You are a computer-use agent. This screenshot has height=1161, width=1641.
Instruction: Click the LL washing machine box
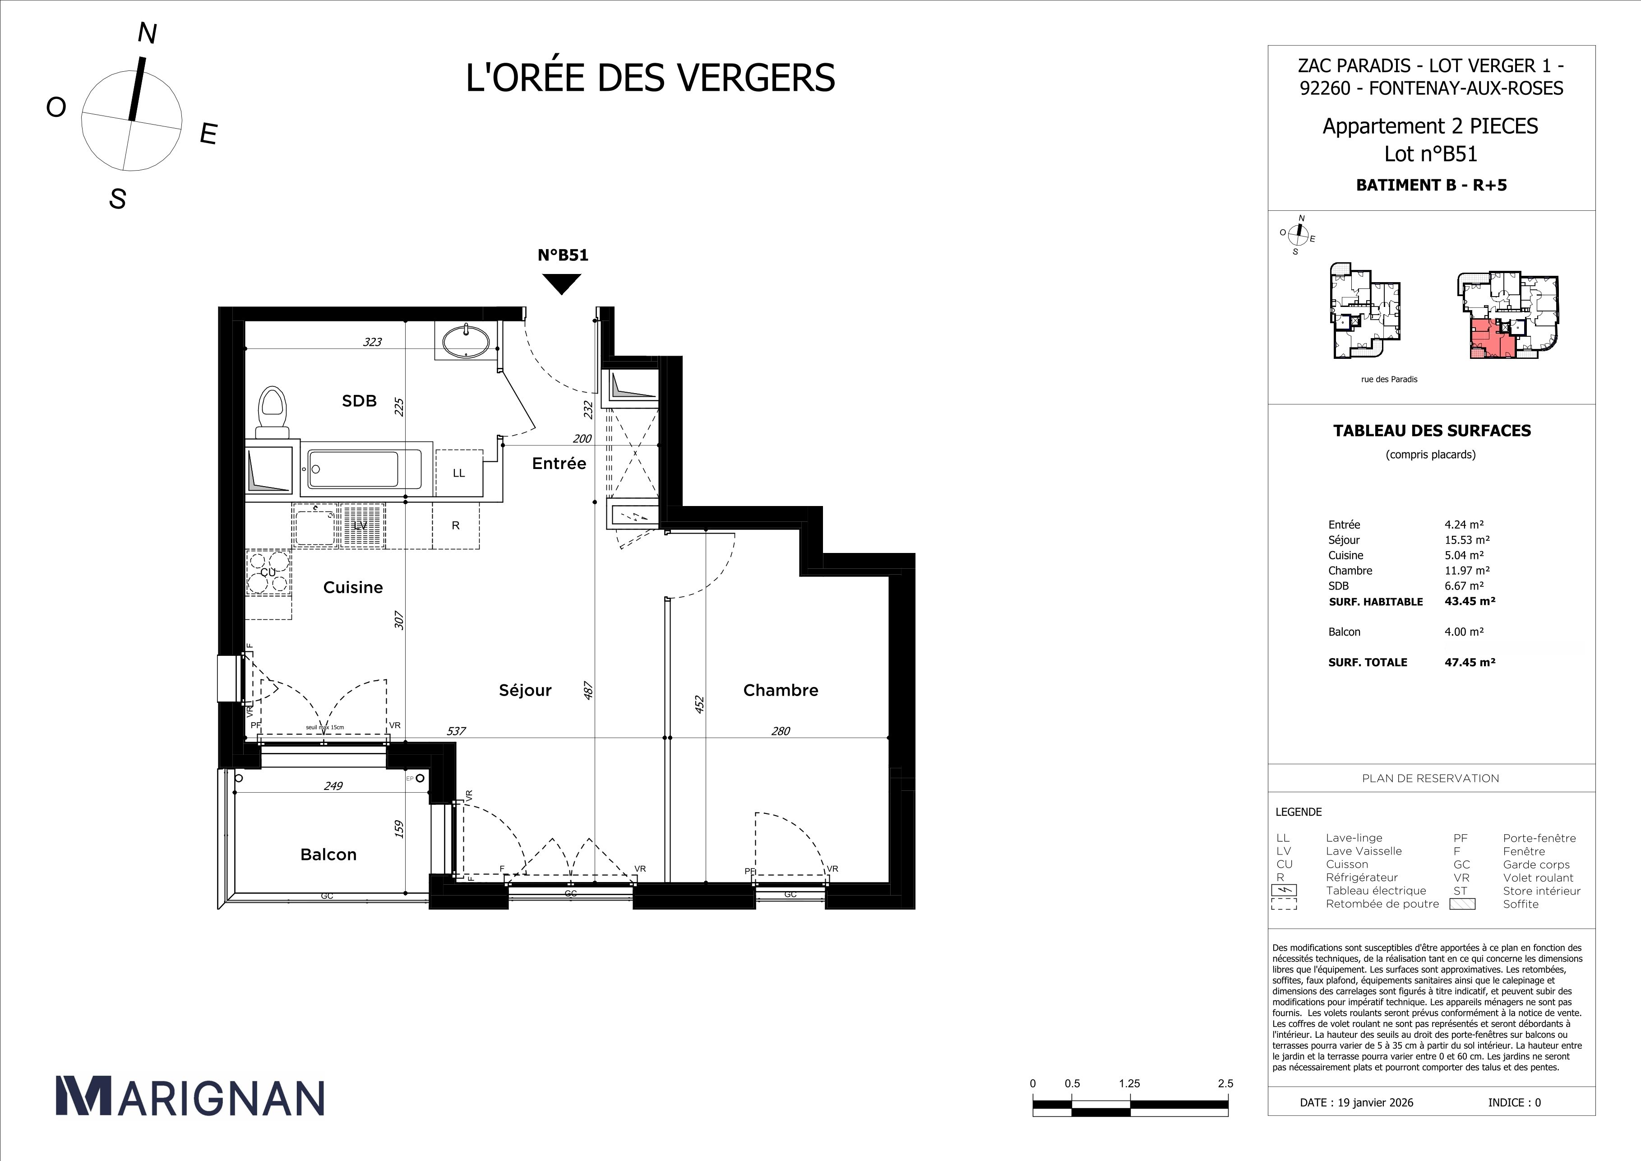459,473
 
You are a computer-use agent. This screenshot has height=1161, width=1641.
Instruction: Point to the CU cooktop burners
268,573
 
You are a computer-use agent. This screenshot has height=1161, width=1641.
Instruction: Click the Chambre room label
781,690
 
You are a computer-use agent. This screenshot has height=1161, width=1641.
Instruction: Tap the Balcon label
328,854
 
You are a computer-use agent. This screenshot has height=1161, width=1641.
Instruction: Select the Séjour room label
525,690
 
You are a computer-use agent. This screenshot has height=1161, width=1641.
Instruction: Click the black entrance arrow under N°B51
562,283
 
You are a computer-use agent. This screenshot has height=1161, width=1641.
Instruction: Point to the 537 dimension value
456,731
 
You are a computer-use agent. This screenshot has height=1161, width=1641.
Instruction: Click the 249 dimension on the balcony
333,786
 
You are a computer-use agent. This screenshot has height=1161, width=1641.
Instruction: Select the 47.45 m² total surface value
1470,662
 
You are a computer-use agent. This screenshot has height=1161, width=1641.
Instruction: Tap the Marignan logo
190,1096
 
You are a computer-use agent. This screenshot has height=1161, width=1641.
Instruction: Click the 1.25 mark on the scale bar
1129,1083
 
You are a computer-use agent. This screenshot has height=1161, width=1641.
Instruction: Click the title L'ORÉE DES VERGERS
650,78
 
